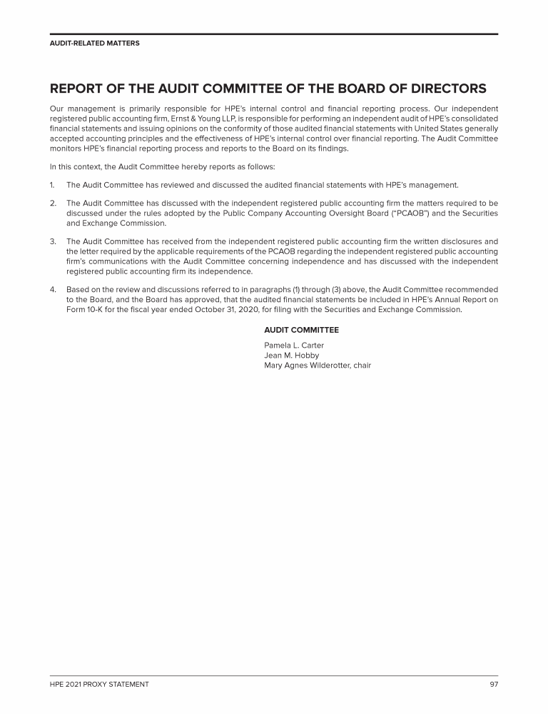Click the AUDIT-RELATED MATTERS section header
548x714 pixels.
(94, 44)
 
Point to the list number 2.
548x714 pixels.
(53, 203)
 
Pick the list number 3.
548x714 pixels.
(53, 242)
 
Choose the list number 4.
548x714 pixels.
(53, 290)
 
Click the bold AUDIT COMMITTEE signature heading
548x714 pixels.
(301, 330)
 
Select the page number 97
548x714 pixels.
(493, 684)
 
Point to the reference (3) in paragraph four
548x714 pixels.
(318, 290)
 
